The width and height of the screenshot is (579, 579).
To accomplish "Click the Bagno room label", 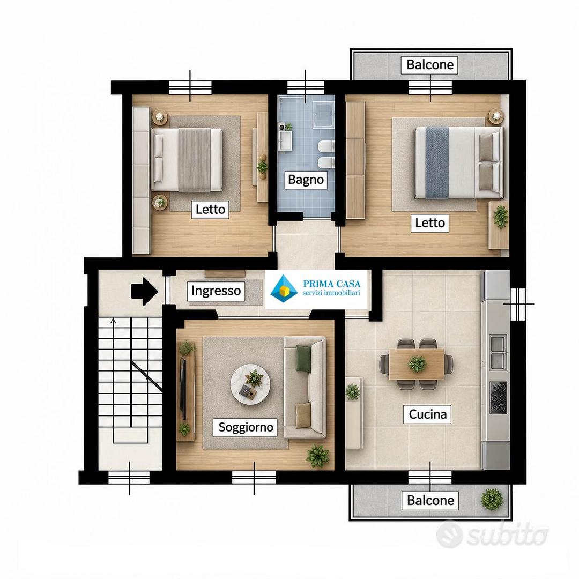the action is [306, 180].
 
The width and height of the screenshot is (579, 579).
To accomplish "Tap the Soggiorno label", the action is [246, 427].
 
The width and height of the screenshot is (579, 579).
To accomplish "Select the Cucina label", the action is [428, 414].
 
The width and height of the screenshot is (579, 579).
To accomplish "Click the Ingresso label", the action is [216, 291].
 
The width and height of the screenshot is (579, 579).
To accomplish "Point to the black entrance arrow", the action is [144, 291].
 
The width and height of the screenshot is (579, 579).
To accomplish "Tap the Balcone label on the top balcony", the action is [430, 65].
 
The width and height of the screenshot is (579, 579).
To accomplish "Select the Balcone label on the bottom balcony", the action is [430, 500].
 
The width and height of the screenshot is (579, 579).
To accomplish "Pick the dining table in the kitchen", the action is [417, 364].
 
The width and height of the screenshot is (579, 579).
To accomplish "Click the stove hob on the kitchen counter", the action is [498, 398].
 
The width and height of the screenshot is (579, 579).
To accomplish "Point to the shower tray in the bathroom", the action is [324, 115].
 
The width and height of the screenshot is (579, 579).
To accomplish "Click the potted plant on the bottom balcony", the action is [492, 499].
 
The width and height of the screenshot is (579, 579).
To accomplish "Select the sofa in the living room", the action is [305, 387].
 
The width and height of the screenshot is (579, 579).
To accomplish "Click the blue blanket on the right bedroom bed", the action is [437, 162].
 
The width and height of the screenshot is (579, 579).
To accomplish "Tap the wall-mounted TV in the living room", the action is [183, 389].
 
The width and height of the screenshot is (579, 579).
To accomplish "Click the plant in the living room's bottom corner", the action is [317, 456].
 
